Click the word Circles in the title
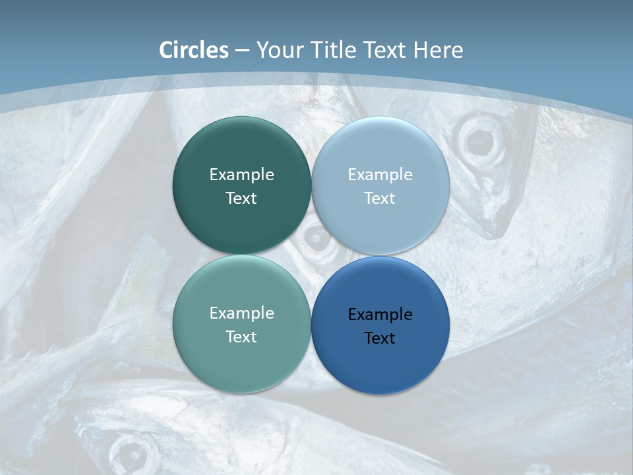(194, 50)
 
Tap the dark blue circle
(380, 363)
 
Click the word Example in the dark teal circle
(241, 175)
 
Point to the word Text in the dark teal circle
(241, 199)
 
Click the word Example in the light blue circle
(380, 175)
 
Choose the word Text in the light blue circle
(380, 199)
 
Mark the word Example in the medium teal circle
(241, 313)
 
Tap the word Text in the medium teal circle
(241, 337)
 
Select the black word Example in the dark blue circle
(380, 315)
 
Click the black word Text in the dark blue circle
(380, 338)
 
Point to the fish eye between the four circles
(316, 238)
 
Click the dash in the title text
(241, 51)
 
